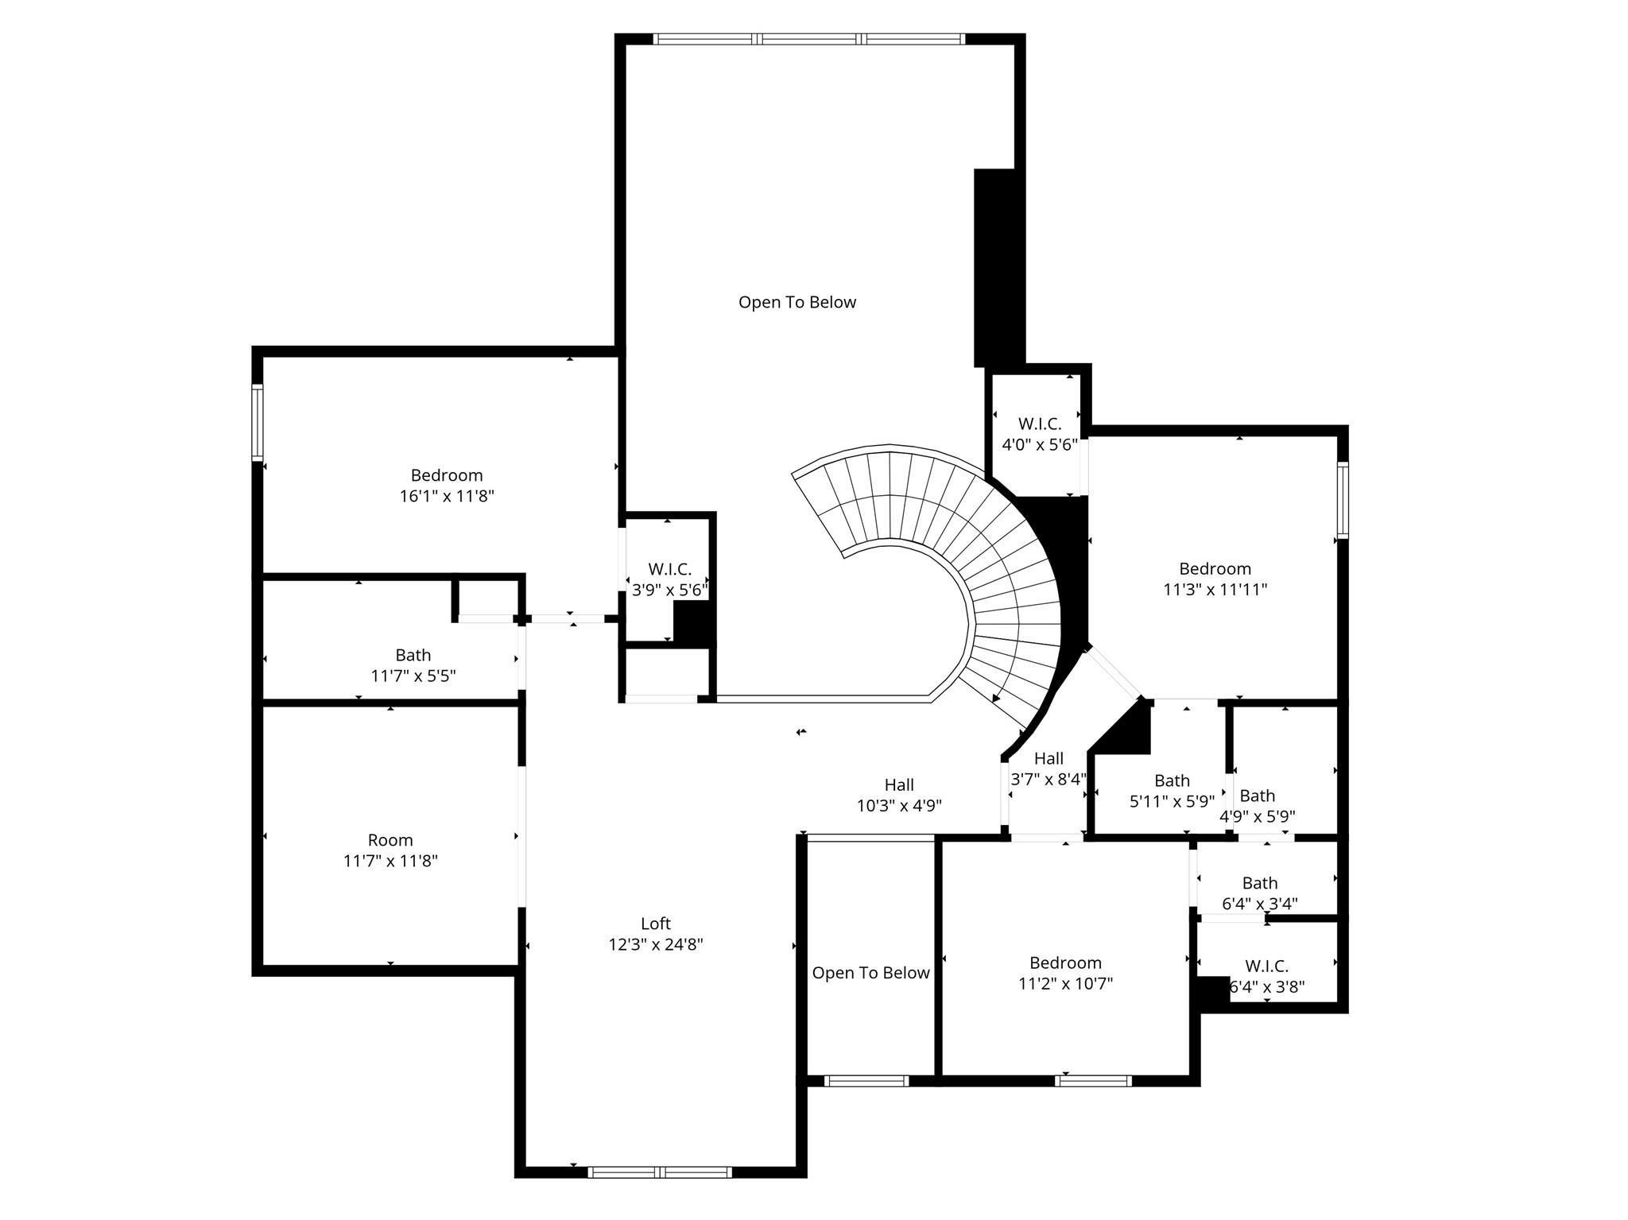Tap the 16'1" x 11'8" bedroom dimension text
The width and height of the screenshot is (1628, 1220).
[x=447, y=497]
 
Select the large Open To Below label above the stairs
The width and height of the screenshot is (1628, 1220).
[x=797, y=302]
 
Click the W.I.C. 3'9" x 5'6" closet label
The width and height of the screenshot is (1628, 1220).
[x=669, y=579]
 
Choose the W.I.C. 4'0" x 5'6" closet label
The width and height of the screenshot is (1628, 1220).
[x=1039, y=435]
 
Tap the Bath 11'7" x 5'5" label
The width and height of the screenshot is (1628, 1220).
[x=413, y=665]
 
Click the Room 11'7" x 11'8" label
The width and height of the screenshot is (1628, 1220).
[x=390, y=850]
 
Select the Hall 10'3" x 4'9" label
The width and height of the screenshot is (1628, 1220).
[x=899, y=795]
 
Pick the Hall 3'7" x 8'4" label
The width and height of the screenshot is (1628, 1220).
[x=1048, y=769]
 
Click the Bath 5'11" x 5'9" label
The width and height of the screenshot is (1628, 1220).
[x=1172, y=791]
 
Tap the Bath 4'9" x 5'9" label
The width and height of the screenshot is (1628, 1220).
[x=1258, y=805]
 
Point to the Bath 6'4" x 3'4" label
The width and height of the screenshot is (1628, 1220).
[x=1259, y=893]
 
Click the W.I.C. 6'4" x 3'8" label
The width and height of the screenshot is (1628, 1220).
[x=1266, y=976]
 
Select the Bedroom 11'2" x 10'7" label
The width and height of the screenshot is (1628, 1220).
[x=1065, y=973]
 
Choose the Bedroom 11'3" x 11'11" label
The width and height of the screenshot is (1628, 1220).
[x=1215, y=579]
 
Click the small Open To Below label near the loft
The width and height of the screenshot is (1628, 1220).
[x=870, y=973]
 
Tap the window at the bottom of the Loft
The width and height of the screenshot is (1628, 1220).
[x=660, y=1172]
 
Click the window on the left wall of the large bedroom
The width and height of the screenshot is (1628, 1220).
[x=258, y=422]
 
